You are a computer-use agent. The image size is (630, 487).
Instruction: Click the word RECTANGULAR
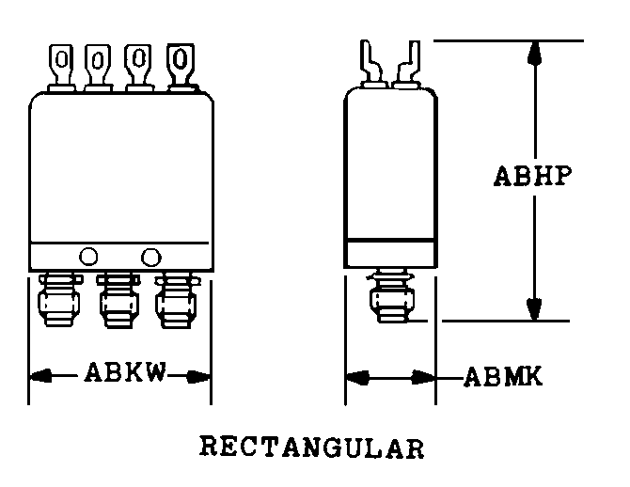pos(312,447)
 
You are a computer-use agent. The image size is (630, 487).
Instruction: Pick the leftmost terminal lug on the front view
pos(61,67)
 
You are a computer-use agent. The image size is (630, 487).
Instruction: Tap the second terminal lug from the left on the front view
pos(98,67)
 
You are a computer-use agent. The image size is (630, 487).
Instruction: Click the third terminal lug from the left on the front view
pos(137,67)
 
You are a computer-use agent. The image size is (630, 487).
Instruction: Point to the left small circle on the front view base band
pos(90,255)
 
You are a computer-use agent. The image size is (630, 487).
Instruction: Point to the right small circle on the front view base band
pos(150,255)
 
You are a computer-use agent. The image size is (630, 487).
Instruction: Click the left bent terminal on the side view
pos(370,64)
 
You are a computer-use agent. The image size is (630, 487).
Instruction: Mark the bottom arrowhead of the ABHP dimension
pos(534,309)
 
